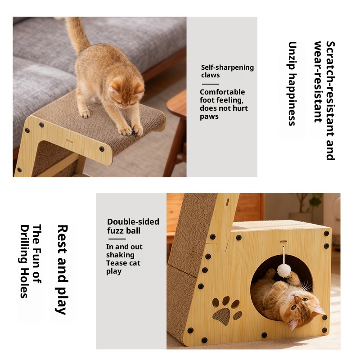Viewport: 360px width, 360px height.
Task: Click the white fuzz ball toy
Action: point(284,270)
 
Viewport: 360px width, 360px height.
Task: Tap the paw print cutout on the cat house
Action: point(227,310)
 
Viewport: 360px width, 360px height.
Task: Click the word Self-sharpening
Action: point(227,67)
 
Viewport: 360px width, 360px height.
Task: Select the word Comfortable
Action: point(222,92)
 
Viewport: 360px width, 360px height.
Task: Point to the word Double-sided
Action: point(133,221)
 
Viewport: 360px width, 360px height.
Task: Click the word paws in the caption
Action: point(209,117)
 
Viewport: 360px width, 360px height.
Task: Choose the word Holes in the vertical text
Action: point(24,283)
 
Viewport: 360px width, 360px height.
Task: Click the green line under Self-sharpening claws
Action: point(210,84)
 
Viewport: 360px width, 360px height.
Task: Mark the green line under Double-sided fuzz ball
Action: point(117,239)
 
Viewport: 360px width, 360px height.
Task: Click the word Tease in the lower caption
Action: point(117,263)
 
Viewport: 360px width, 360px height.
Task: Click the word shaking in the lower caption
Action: point(120,255)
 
